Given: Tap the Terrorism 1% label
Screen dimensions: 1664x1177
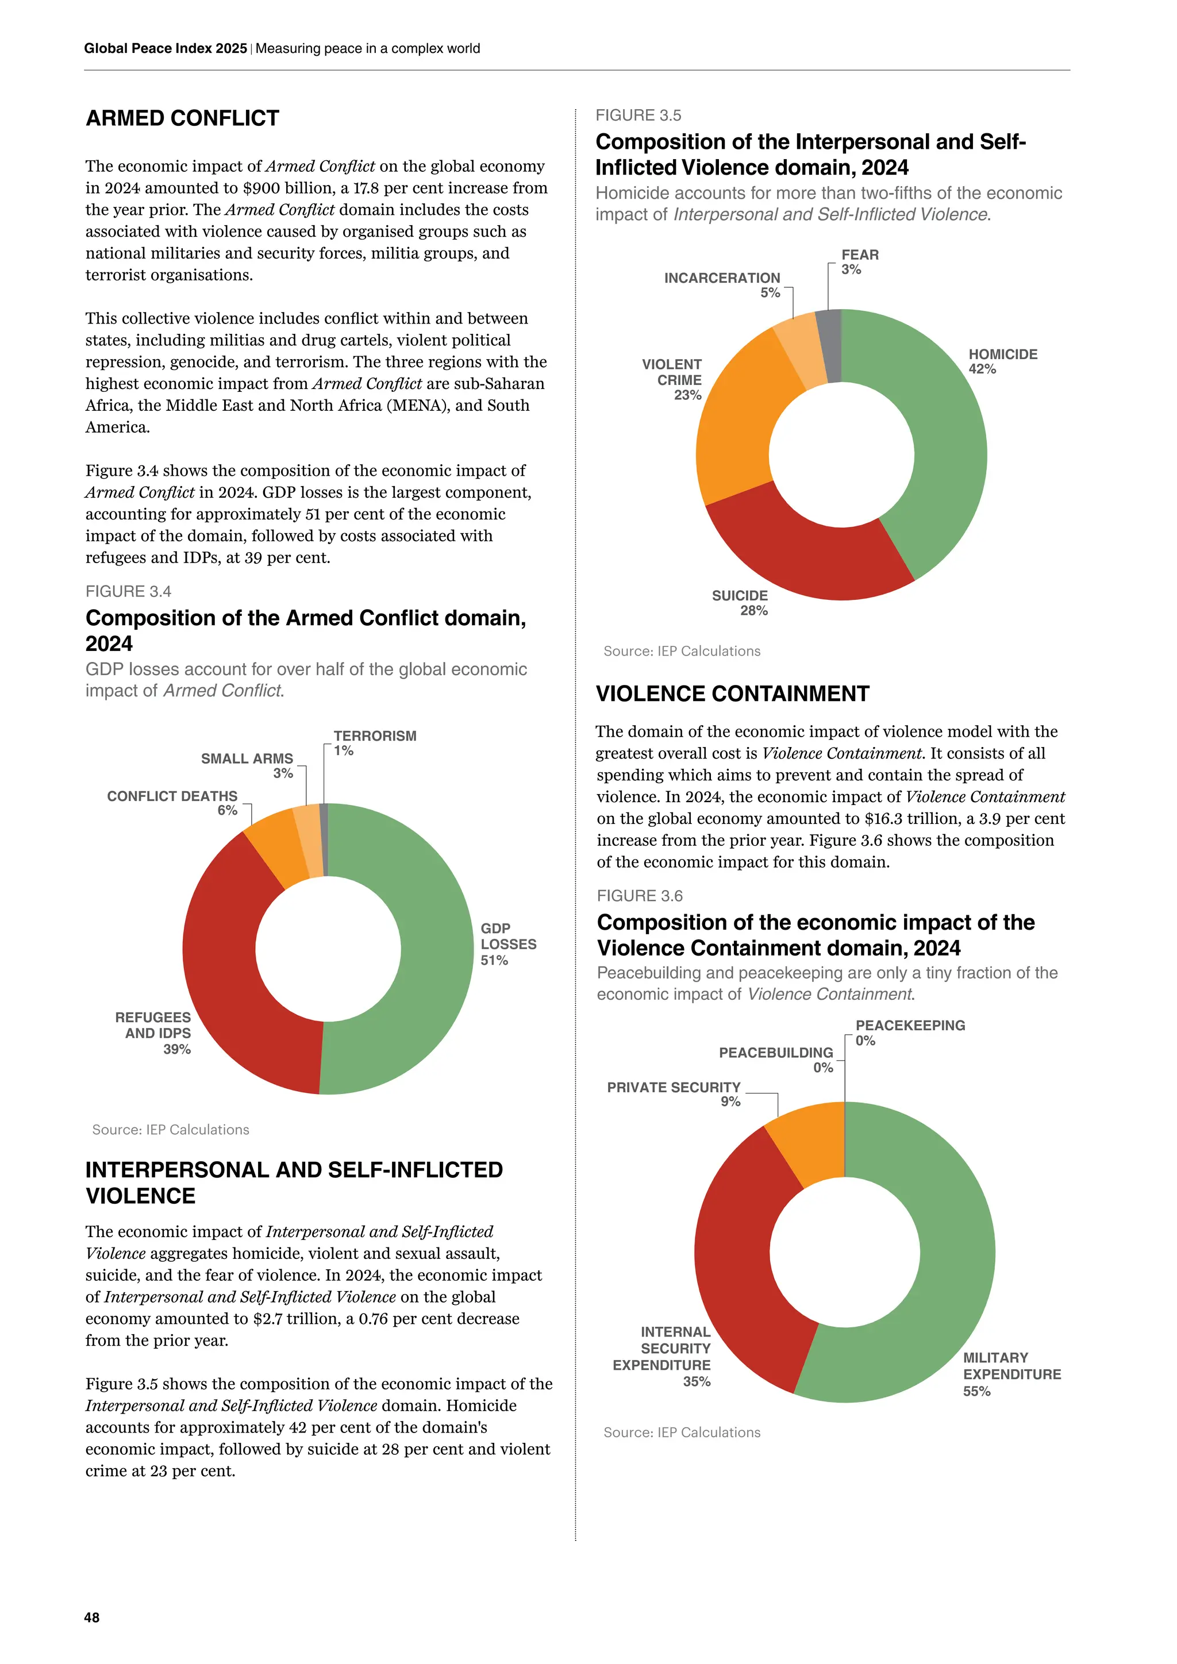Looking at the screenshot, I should point(374,743).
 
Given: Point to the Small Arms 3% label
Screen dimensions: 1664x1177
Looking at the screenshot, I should point(248,765).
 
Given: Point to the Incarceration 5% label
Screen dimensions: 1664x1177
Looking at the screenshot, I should point(722,285).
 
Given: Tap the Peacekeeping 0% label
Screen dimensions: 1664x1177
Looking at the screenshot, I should point(910,1033).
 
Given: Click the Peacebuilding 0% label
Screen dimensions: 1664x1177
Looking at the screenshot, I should point(776,1060).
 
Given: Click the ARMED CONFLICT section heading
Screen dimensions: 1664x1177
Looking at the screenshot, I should point(183,118).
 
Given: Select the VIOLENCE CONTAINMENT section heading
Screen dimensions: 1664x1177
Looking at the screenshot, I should point(732,694).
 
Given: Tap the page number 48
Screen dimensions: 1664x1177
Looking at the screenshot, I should point(92,1617).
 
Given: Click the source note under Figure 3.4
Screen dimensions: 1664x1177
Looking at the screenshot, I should point(171,1129).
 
